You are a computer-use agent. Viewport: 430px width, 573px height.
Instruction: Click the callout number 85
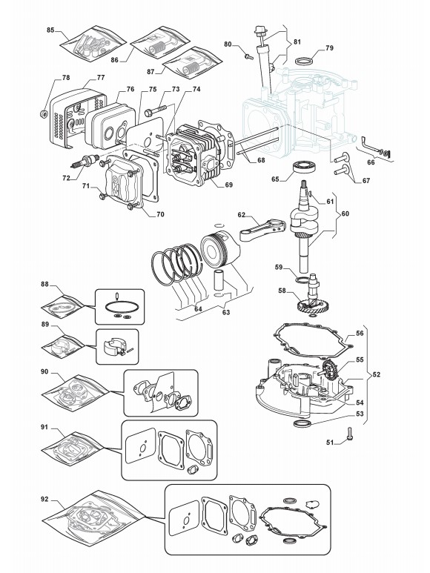[x=50, y=30]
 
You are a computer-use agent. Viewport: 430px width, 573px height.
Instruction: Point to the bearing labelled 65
[x=303, y=167]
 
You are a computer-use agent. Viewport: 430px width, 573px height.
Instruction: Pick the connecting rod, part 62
[x=262, y=229]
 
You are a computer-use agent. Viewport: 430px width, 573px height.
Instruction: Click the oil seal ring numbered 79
[x=304, y=59]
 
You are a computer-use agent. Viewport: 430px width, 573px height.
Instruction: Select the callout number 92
[x=44, y=499]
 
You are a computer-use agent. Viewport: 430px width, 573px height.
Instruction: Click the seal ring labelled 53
[x=303, y=424]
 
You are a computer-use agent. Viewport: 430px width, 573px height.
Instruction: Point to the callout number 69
[x=228, y=185]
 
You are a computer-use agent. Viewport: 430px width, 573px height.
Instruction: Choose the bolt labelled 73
[x=155, y=110]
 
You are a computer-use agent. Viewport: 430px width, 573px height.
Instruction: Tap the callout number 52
[x=376, y=374]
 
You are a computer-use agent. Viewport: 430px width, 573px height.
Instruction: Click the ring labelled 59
[x=302, y=280]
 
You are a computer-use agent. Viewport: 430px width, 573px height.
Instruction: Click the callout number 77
[x=101, y=78]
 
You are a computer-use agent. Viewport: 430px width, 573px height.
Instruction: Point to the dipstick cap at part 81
[x=260, y=30]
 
